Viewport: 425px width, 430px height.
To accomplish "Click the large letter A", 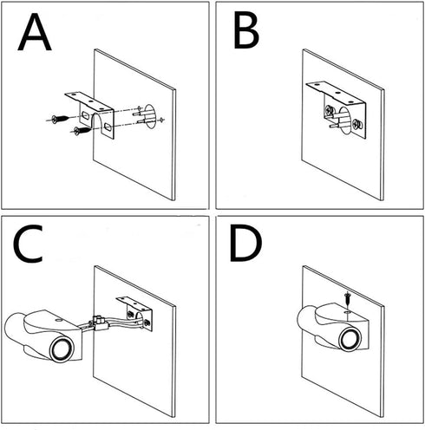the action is point(35,32).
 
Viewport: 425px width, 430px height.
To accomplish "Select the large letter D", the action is point(245,244).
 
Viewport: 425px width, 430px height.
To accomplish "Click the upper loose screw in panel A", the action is point(60,119).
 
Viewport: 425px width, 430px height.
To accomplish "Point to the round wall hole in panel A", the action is point(150,116).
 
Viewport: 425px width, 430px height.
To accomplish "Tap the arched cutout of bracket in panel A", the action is point(97,125).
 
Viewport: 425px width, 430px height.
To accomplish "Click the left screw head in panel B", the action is point(330,110).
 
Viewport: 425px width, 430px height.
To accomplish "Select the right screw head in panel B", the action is point(356,124).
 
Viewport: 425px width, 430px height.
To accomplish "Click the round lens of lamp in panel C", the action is point(62,349).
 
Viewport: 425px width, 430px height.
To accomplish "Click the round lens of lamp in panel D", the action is point(350,339).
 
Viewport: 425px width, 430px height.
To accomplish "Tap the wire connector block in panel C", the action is point(100,323).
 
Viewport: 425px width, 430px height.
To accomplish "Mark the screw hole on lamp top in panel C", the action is point(59,320).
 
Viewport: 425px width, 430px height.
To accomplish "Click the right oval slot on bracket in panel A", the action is point(108,127).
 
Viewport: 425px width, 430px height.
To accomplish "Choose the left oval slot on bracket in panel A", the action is point(85,115).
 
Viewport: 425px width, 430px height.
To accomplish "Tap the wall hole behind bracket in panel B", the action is point(344,121).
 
